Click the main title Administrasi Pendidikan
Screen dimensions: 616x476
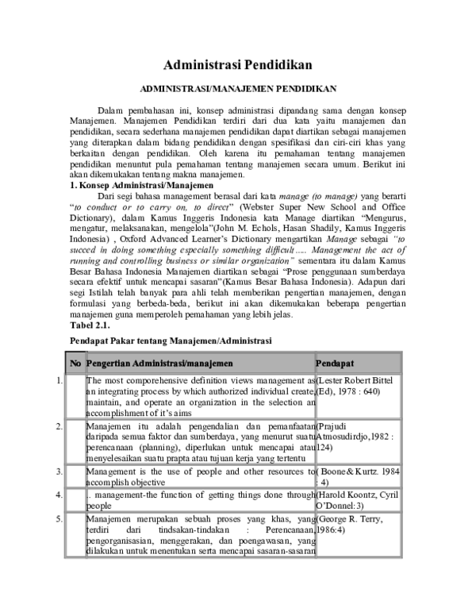238,64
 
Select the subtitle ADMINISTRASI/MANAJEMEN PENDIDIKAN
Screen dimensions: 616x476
239,90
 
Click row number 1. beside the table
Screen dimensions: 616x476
60,382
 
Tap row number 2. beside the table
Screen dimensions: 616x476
60,427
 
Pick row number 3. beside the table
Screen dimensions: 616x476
60,472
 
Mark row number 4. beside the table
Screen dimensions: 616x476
60,495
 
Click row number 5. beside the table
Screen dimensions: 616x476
60,518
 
